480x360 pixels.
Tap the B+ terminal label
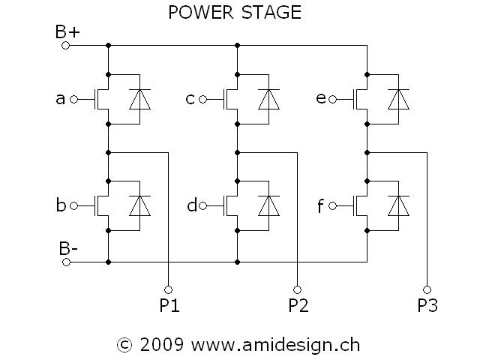[67, 31]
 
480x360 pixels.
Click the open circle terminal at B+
[65, 45]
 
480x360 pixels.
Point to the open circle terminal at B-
[65, 262]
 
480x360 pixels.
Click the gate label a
[61, 98]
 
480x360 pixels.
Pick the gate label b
[61, 205]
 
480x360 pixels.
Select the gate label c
[190, 98]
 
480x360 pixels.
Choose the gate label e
[321, 98]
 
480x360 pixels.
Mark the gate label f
[321, 205]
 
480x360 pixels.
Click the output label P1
[169, 306]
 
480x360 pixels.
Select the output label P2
[298, 306]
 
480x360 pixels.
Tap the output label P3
[427, 306]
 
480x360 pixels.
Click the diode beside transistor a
[140, 98]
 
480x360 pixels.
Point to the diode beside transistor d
[269, 204]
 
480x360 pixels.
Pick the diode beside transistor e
[398, 98]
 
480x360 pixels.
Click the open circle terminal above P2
[298, 289]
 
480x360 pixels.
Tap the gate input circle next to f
[333, 204]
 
